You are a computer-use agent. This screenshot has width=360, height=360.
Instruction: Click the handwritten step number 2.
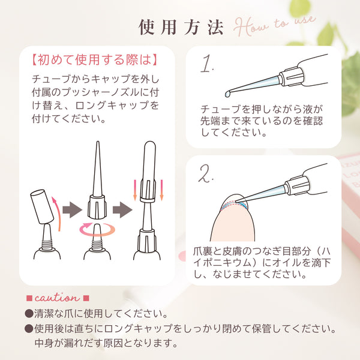click(x=208, y=173)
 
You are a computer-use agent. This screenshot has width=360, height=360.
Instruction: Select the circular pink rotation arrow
click(x=95, y=230)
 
